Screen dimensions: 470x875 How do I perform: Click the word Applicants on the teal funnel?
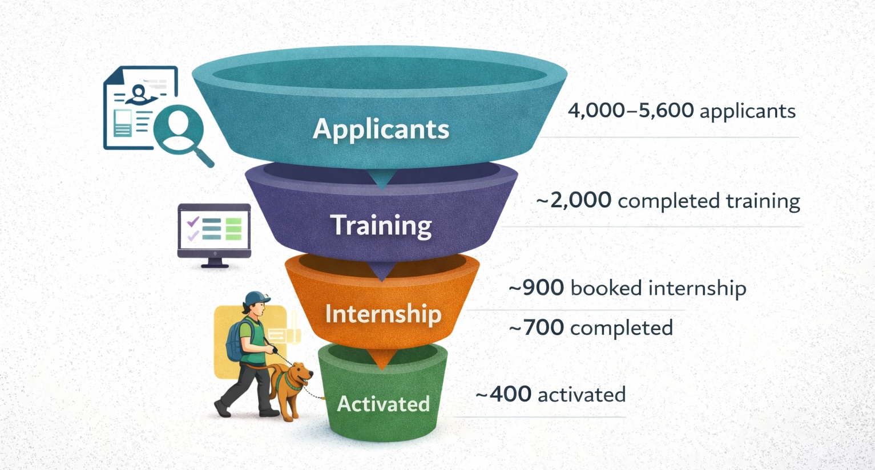pos(381,129)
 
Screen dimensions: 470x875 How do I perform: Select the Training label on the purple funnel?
pos(381,225)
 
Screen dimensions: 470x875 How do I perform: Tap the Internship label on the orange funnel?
pos(383,314)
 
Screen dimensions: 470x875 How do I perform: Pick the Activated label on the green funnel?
pos(383,404)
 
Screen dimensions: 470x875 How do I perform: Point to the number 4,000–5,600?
pos(631,110)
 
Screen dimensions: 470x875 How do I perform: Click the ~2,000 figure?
pos(574,201)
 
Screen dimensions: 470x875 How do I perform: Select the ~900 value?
pos(537,288)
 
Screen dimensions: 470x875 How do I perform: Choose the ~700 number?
pos(537,328)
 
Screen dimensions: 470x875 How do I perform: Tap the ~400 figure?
pos(503,394)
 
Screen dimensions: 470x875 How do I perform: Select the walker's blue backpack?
pos(235,341)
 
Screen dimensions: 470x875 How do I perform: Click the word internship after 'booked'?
pos(697,288)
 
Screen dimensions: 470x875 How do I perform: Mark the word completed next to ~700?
pos(622,329)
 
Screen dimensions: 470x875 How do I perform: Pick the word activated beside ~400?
pos(582,395)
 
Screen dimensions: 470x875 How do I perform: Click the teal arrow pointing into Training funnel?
pos(382,180)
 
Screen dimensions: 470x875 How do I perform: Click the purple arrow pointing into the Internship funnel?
pos(381,271)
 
